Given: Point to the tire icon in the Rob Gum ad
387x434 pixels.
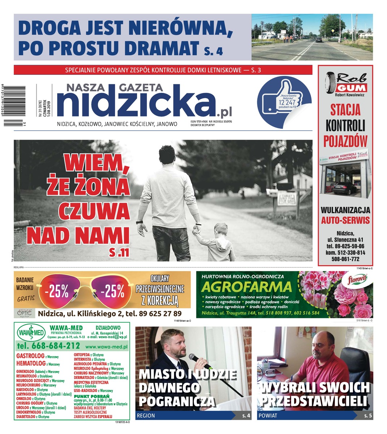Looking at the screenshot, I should (x=330, y=83).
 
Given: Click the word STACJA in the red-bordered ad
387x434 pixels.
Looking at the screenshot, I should (x=345, y=109).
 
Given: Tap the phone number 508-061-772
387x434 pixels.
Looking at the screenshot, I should (x=345, y=259).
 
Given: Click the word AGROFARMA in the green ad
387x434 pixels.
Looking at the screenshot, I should (x=246, y=287).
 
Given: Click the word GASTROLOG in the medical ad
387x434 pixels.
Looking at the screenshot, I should (x=30, y=356).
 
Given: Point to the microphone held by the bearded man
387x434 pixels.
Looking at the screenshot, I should (x=200, y=361).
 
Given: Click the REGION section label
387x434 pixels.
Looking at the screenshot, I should (x=146, y=416).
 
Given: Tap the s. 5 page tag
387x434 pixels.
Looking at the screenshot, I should (x=367, y=416).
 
